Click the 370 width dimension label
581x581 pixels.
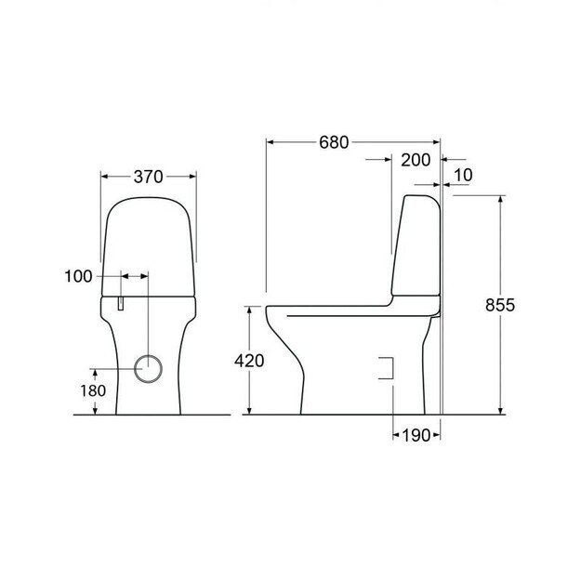click(148, 176)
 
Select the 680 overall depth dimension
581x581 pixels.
click(333, 142)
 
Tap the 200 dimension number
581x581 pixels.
click(416, 160)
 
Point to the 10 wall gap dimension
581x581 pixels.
click(465, 175)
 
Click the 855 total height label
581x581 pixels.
click(499, 305)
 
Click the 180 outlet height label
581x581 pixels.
click(94, 390)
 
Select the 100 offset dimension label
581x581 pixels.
click(79, 276)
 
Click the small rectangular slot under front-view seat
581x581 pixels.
click(121, 303)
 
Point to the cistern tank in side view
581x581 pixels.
click(416, 246)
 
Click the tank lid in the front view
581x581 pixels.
click(149, 242)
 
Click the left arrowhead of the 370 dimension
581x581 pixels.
click(103, 175)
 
